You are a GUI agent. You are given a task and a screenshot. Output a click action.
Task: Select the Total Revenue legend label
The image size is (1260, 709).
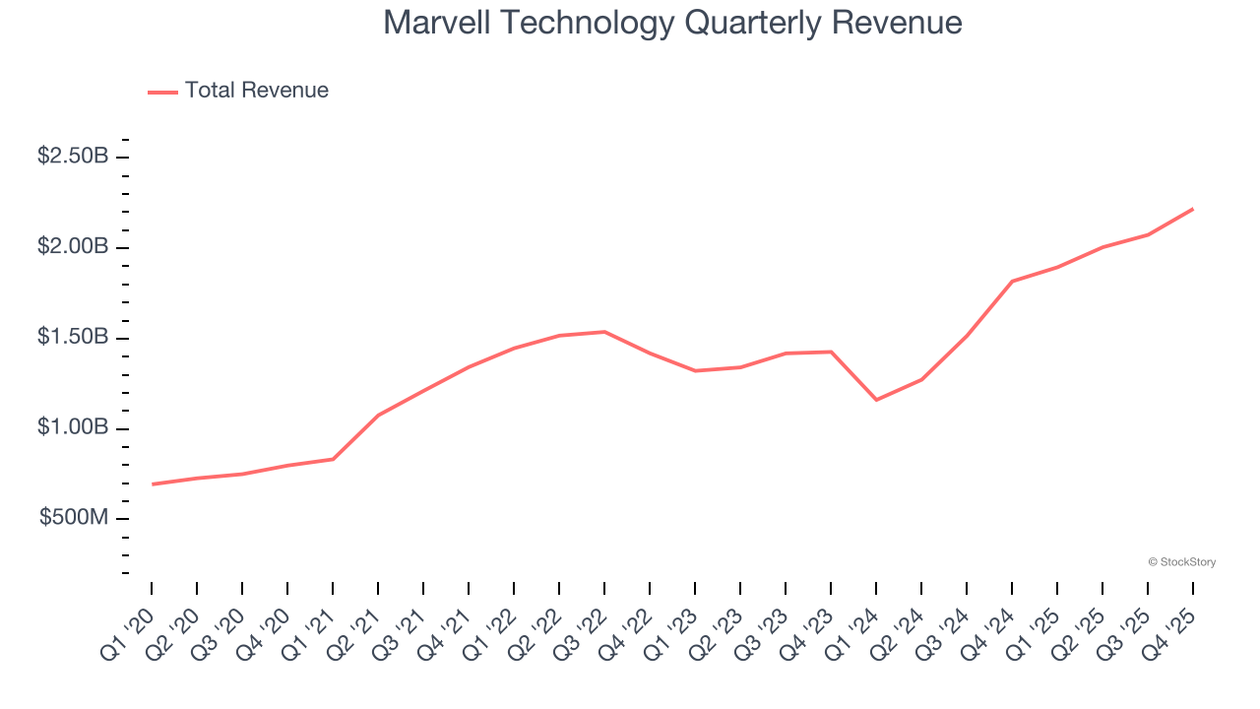pyautogui.click(x=256, y=91)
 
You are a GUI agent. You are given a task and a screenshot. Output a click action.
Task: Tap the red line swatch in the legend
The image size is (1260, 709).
pyautogui.click(x=162, y=92)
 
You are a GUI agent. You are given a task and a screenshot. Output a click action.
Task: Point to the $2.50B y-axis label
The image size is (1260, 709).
pyautogui.click(x=73, y=157)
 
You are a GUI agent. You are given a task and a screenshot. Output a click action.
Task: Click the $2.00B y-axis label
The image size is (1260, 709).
pyautogui.click(x=73, y=247)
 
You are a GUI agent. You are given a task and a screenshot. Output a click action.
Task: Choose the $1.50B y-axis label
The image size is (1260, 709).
pyautogui.click(x=73, y=338)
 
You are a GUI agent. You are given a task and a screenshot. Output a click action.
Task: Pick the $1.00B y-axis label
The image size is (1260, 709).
pyautogui.click(x=73, y=428)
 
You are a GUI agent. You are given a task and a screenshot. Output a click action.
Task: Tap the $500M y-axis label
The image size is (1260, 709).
pyautogui.click(x=74, y=519)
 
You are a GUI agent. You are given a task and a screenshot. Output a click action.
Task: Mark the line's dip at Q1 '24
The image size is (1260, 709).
pyautogui.click(x=876, y=400)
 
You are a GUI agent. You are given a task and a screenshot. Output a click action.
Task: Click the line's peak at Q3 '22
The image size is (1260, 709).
pyautogui.click(x=604, y=332)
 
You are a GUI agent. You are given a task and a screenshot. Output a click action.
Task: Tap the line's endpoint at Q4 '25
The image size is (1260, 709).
pyautogui.click(x=1193, y=209)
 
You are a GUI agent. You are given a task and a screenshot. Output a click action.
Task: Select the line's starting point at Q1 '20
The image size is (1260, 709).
pyautogui.click(x=153, y=484)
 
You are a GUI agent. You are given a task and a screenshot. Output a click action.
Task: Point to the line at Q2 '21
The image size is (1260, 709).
pyautogui.click(x=378, y=416)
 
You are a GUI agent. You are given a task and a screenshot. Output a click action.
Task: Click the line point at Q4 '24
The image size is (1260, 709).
pyautogui.click(x=1012, y=282)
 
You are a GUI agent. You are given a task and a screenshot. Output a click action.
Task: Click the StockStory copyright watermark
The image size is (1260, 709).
pyautogui.click(x=1181, y=562)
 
